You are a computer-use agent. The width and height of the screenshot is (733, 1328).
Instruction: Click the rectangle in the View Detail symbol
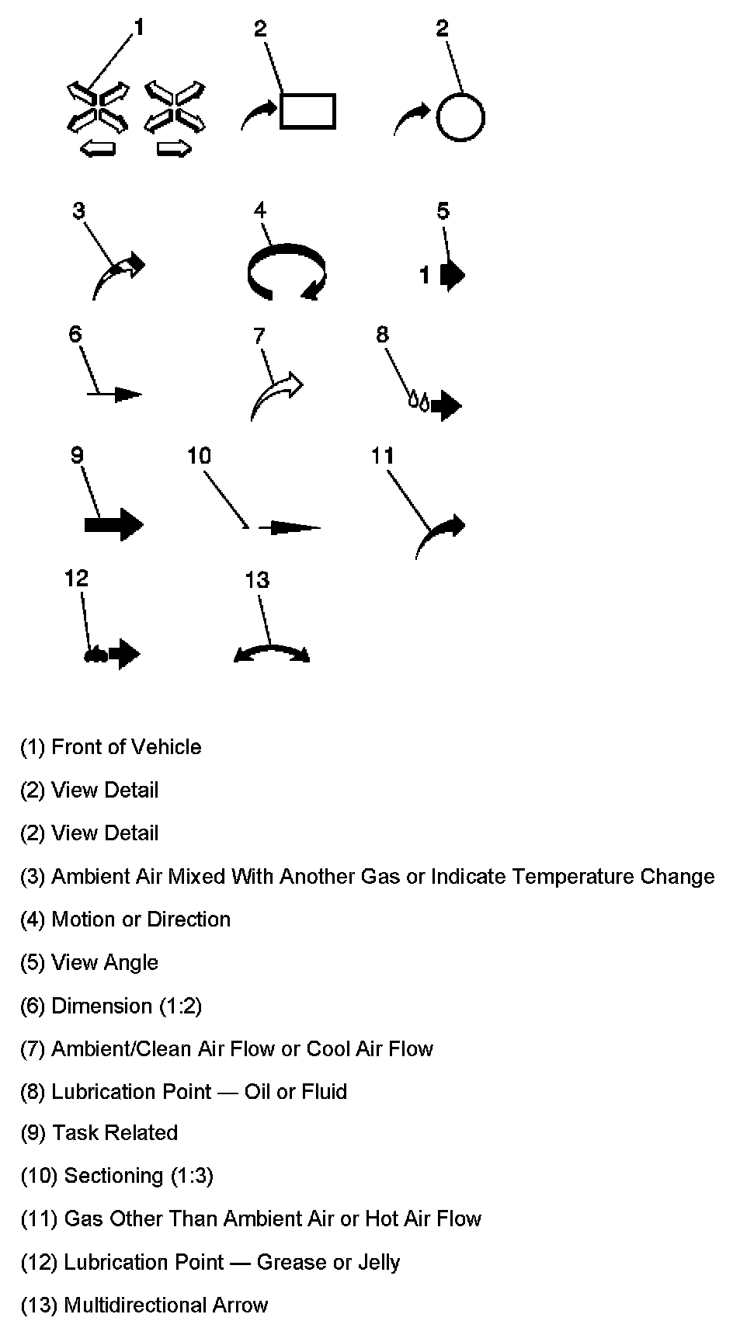click(x=307, y=110)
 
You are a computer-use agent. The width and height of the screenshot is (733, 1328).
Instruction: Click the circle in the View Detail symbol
click(x=460, y=118)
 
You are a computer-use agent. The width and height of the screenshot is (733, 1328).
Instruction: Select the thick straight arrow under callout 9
click(x=113, y=524)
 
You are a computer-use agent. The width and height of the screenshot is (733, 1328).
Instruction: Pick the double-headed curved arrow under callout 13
click(x=272, y=652)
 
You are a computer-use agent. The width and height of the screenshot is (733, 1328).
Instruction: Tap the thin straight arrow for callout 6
click(x=115, y=395)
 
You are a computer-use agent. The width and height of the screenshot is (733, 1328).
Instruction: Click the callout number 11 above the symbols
click(x=382, y=455)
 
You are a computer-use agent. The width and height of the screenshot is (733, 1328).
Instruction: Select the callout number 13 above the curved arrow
click(x=257, y=579)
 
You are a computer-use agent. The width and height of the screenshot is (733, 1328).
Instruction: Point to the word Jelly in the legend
click(x=376, y=1262)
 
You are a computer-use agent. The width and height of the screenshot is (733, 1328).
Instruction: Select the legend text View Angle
click(x=105, y=962)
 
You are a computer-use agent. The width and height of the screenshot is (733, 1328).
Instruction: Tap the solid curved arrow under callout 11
click(x=439, y=536)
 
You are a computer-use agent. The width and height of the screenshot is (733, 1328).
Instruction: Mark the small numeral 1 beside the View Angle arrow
click(x=425, y=275)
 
